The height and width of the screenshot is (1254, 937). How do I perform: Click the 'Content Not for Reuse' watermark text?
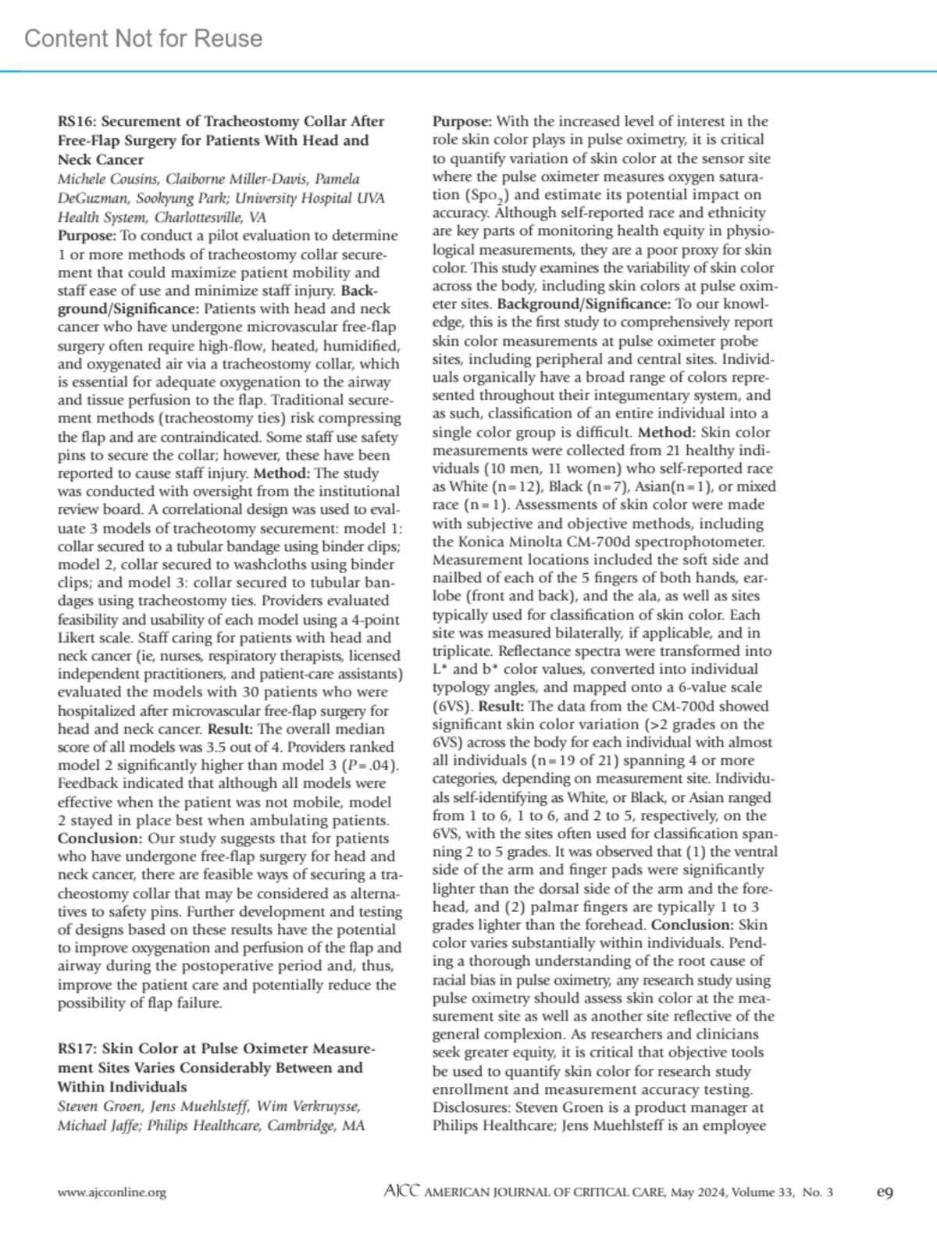tap(144, 38)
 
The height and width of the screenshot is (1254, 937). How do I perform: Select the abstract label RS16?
tap(77, 121)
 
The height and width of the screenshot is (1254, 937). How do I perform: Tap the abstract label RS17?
tap(77, 1049)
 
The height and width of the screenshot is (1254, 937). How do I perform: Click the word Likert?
tap(75, 637)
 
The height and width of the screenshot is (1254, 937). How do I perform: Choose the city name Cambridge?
tap(299, 1125)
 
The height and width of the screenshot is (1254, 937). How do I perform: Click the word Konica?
tap(478, 541)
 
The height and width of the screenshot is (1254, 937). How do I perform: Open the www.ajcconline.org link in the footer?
tap(112, 1192)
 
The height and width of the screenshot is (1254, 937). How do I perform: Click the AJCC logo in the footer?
tap(402, 1192)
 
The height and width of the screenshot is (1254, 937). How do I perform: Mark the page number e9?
tap(885, 1192)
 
